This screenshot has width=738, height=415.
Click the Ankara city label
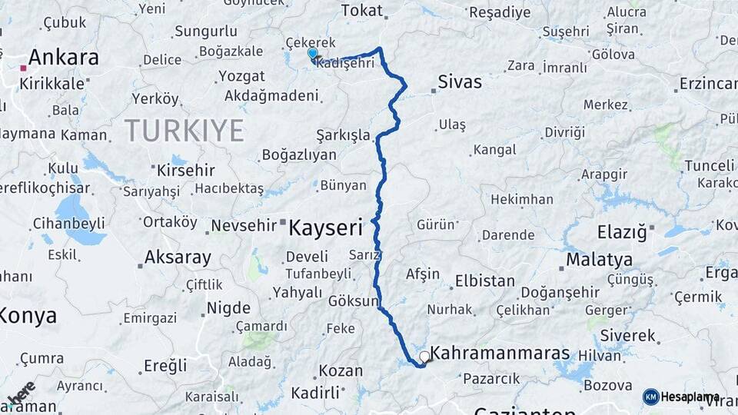64,58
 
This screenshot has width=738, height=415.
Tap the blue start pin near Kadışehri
313,54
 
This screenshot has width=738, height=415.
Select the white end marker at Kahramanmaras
424,357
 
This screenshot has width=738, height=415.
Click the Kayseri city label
325,227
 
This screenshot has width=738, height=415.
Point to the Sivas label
460,82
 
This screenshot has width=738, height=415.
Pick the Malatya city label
599,260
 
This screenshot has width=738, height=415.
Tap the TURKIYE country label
184,131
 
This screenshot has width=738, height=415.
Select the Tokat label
361,11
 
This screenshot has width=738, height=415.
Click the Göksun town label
354,301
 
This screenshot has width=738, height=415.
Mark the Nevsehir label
243,226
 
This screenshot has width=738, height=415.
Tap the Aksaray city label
178,257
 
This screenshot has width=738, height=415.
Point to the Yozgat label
241,77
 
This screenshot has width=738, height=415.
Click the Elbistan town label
485,281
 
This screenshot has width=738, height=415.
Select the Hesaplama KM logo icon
650,397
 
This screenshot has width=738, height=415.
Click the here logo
22,393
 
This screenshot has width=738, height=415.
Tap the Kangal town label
495,150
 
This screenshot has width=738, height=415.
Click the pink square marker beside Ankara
24,68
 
